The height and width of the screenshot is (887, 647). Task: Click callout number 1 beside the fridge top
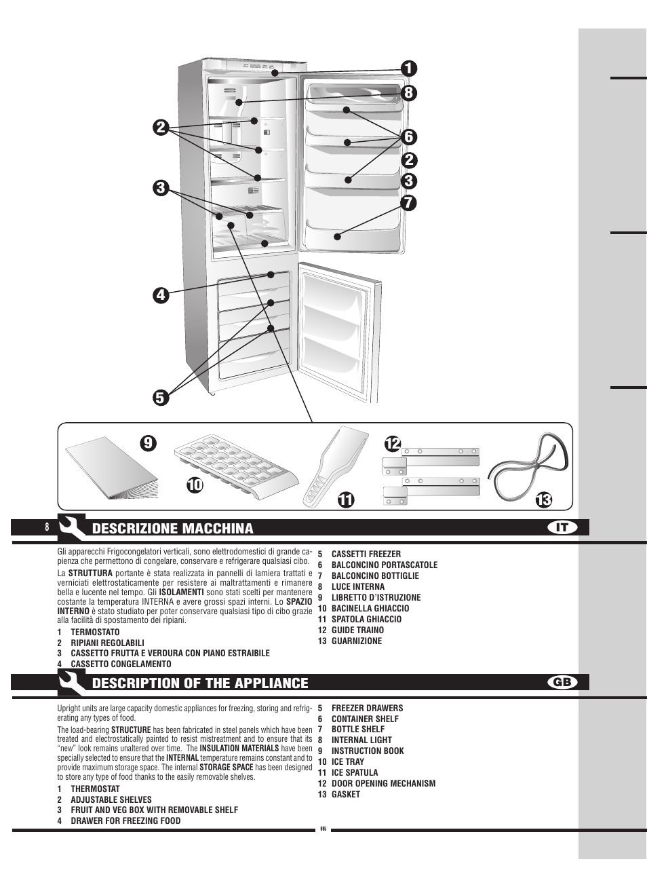coord(408,69)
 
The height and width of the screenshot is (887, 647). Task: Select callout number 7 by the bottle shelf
coord(408,202)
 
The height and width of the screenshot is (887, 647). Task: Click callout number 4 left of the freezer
coord(160,295)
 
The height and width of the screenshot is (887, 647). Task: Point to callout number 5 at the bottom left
coord(160,397)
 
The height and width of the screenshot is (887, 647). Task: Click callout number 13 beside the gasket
coord(543,500)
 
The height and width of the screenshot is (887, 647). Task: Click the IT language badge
coord(562,527)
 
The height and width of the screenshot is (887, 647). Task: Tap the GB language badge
coord(562,682)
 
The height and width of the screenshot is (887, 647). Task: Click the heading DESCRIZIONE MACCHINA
coord(172,529)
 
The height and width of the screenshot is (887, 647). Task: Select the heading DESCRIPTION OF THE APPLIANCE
coord(200,683)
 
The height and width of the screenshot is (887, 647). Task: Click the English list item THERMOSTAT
coord(95,789)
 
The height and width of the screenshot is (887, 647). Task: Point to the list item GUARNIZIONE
coord(356,641)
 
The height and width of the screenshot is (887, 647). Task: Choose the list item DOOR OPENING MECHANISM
coord(383,783)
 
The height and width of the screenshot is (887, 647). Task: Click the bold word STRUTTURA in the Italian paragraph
coord(90,573)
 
